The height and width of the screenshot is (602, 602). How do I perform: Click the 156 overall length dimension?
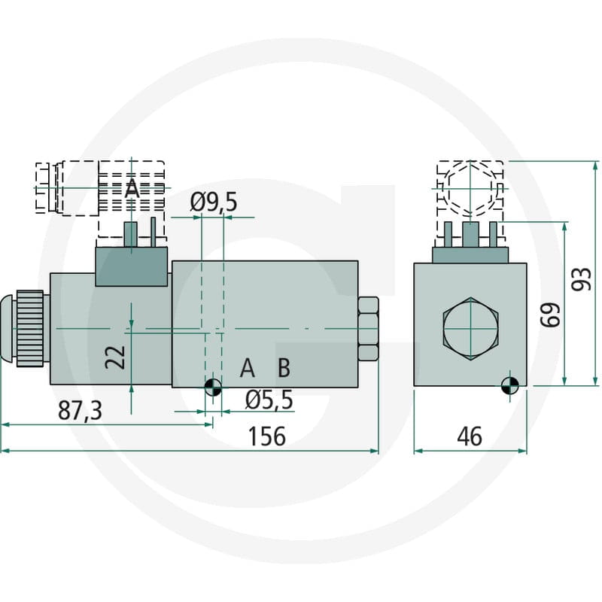[x=267, y=436]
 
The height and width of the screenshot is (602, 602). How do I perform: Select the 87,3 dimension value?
[x=80, y=410]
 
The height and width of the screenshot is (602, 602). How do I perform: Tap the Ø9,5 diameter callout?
[x=214, y=202]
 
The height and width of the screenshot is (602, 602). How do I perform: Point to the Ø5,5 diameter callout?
[x=269, y=400]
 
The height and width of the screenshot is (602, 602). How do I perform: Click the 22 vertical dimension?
[x=115, y=357]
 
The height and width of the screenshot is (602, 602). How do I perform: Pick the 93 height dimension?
[x=581, y=279]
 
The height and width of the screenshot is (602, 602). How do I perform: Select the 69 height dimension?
[x=550, y=315]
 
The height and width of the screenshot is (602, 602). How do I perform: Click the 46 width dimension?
[x=470, y=436]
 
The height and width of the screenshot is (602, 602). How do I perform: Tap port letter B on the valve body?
[x=284, y=367]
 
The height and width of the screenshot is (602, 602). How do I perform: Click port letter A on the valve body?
[x=248, y=367]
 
